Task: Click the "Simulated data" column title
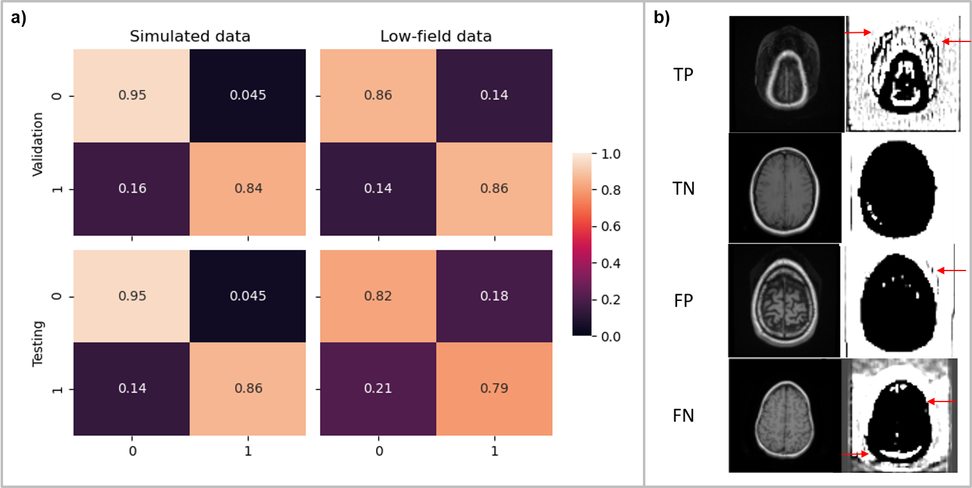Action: coord(190,37)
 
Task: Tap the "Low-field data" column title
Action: coord(436,37)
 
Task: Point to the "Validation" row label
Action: coord(38,144)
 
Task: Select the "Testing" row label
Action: coord(38,343)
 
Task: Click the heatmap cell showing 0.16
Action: coord(132,189)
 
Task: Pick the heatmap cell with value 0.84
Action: coord(248,189)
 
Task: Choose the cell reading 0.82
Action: coord(378,296)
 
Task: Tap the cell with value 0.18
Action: coord(494,296)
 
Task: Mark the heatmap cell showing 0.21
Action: coord(378,389)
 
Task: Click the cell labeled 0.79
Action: coord(494,389)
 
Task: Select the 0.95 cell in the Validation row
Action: coord(132,96)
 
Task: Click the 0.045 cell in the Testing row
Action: coord(248,296)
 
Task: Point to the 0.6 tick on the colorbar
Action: coord(611,227)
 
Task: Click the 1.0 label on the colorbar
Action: coord(611,154)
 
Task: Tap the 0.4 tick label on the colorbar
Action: coord(611,263)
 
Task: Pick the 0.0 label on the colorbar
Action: coord(611,336)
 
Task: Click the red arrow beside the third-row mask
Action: coord(952,271)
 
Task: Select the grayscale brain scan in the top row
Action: coord(786,74)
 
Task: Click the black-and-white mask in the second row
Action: coord(898,189)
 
